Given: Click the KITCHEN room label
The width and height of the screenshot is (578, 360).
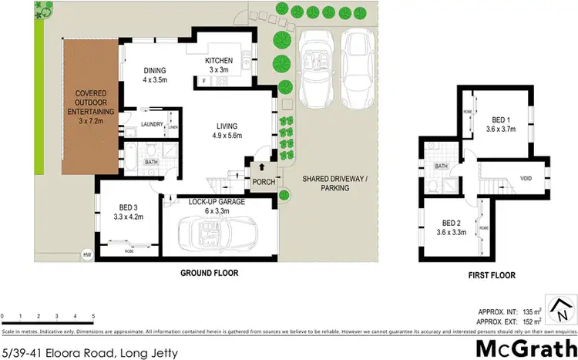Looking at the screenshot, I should tap(223, 62).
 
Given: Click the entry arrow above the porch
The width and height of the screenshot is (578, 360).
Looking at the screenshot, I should tap(261, 167).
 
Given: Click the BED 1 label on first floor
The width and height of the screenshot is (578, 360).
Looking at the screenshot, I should tap(500, 120).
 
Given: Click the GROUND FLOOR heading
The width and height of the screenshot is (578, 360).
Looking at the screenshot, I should tap(209, 273).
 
